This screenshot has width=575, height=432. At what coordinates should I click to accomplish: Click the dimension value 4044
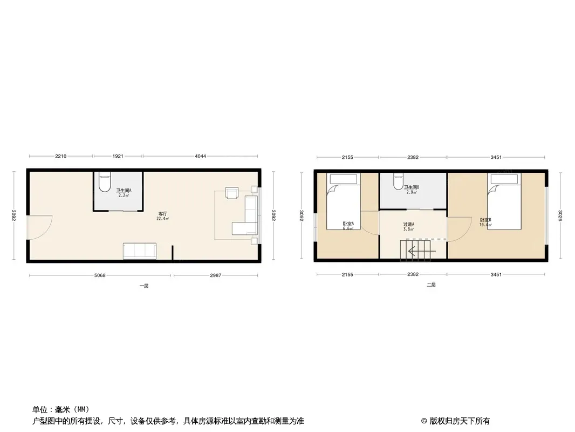pyautogui.click(x=200, y=157)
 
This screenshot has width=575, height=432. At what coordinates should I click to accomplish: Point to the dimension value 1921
pyautogui.click(x=118, y=157)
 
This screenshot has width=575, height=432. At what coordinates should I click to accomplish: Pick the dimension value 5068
pyautogui.click(x=100, y=275)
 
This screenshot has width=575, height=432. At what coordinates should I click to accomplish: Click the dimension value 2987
pyautogui.click(x=216, y=275)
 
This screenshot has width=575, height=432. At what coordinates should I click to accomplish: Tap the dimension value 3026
pyautogui.click(x=560, y=215)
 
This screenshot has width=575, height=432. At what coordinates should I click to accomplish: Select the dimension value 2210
pyautogui.click(x=61, y=157)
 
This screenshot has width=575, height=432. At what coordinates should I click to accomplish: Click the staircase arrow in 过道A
pyautogui.click(x=422, y=252)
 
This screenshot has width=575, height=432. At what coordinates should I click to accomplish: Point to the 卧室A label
pyautogui.click(x=348, y=224)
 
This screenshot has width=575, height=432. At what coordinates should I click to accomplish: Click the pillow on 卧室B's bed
pyautogui.click(x=504, y=179)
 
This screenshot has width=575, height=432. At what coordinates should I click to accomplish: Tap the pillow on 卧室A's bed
pyautogui.click(x=344, y=179)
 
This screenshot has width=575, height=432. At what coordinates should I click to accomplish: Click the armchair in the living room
pyautogui.click(x=232, y=193)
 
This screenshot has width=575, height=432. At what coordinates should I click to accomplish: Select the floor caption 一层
pyautogui.click(x=143, y=286)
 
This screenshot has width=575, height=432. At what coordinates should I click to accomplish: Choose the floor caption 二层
pyautogui.click(x=432, y=285)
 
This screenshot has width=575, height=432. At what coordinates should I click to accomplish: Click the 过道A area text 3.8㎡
pyautogui.click(x=409, y=229)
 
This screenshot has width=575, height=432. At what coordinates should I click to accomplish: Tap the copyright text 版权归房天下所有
pyautogui.click(x=460, y=421)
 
